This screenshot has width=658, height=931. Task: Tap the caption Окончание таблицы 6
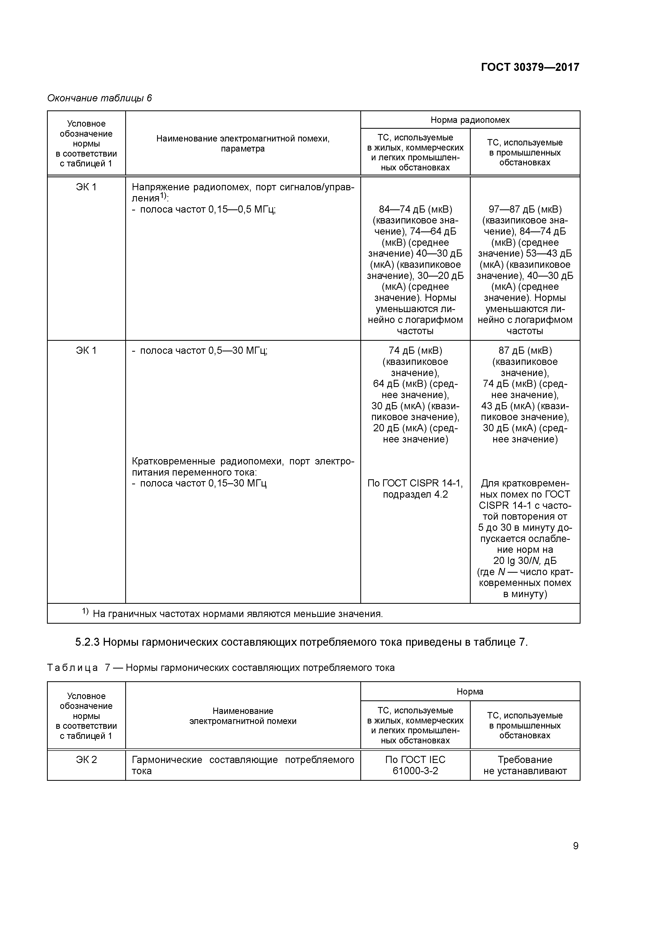tap(99, 98)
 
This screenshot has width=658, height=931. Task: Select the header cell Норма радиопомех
tap(470, 120)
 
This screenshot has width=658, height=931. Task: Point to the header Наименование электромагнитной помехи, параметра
tap(243, 144)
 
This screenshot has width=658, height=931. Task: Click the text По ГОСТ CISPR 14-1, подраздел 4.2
tap(415, 489)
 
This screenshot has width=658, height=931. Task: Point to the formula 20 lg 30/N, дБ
tap(525, 561)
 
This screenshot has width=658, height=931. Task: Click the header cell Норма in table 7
tap(470, 691)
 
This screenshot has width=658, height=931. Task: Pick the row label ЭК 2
tap(86, 760)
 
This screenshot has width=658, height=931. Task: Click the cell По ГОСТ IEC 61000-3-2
tap(415, 765)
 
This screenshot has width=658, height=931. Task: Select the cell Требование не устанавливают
tap(525, 765)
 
